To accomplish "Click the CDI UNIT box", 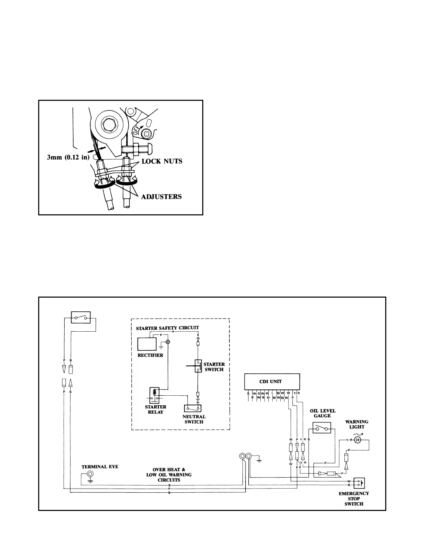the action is click(x=270, y=382).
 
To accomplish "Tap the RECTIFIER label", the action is click(x=150, y=355).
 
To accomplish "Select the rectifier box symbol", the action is click(x=147, y=344).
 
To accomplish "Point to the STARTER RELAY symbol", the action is click(x=154, y=395).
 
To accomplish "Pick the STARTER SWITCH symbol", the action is click(x=198, y=366).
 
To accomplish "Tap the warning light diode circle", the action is click(x=358, y=440).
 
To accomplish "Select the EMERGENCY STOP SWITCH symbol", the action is click(x=360, y=483).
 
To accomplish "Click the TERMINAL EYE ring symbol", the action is click(x=90, y=474).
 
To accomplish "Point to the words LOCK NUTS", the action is click(x=161, y=161).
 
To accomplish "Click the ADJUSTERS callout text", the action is click(x=161, y=197).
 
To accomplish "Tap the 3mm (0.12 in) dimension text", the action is click(x=68, y=158).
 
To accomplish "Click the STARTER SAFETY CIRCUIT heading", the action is click(x=168, y=328).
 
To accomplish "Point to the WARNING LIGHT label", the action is click(x=357, y=424).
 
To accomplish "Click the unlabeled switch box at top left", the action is click(x=80, y=317).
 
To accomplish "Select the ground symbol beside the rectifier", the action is click(x=161, y=348).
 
